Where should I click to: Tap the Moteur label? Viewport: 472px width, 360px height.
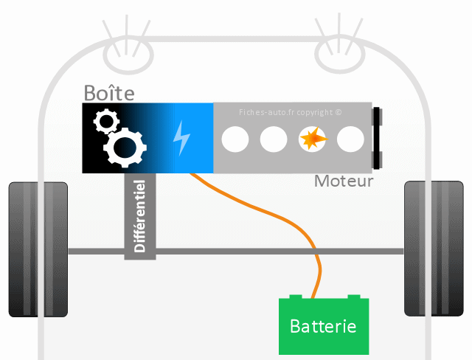click(344, 181)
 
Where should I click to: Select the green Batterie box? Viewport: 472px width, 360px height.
click(323, 325)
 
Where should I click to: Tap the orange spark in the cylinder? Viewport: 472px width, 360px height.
click(312, 138)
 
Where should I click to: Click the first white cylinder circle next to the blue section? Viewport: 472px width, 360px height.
click(235, 138)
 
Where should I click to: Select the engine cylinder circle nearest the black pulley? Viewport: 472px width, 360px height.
click(350, 138)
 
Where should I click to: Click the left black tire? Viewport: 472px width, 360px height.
click(38, 249)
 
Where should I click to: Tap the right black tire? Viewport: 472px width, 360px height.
click(434, 249)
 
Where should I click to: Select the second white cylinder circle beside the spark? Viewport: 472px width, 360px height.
click(274, 138)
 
